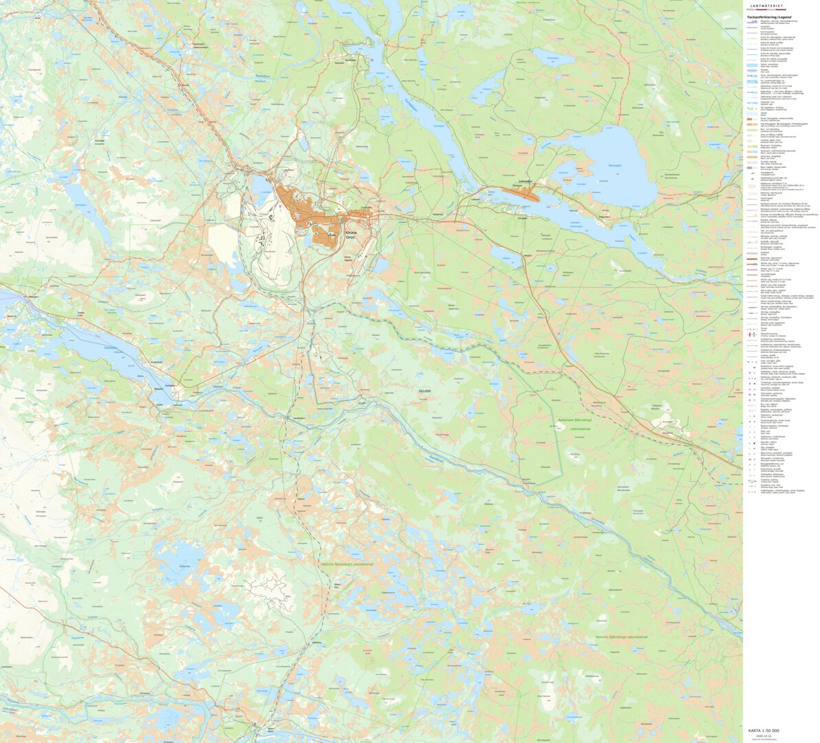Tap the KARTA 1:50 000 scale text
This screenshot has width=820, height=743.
click(x=763, y=730)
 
